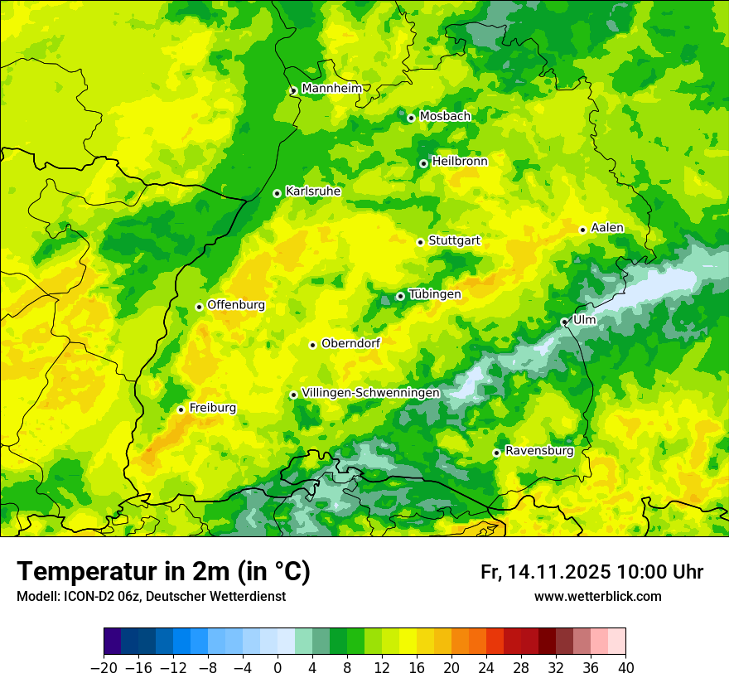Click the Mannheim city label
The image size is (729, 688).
(331, 89)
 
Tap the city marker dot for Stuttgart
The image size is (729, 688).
(420, 242)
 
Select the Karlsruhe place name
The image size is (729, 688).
(313, 191)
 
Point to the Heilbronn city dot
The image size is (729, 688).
(423, 163)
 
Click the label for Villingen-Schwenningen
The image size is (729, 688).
(370, 393)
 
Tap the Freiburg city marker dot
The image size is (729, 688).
(181, 409)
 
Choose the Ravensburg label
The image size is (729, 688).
(539, 451)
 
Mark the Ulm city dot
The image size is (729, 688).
(564, 322)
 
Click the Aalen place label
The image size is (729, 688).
(607, 228)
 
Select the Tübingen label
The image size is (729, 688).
(435, 294)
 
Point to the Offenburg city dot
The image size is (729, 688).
(199, 307)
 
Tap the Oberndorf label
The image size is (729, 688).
(350, 343)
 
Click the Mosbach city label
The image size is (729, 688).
(445, 117)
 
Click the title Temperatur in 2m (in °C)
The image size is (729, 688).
(163, 572)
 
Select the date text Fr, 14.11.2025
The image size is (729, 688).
(546, 572)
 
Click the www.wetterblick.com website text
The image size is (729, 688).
(597, 596)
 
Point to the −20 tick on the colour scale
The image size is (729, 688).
(104, 668)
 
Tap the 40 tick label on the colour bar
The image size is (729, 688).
(625, 668)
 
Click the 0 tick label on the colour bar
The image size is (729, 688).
(278, 668)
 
